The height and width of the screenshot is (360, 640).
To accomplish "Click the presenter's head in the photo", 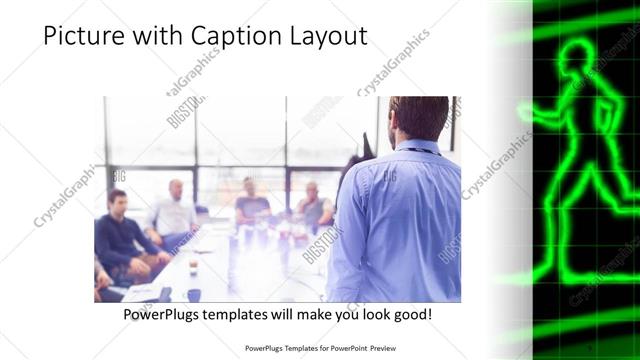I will coord(417,118).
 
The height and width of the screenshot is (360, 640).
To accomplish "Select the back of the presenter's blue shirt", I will coord(400,220).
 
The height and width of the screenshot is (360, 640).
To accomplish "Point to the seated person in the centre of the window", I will coord(251,200).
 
